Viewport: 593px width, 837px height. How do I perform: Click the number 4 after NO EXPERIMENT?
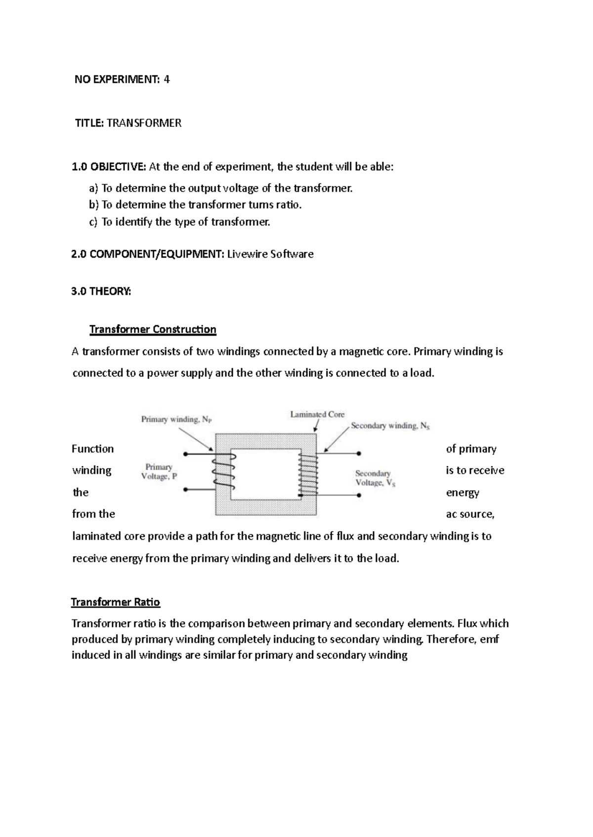coord(167,79)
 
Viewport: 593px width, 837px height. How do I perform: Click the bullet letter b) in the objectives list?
coord(94,205)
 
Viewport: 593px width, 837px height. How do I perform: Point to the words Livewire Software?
coord(270,254)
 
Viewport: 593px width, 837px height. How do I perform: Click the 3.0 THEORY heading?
coord(101,291)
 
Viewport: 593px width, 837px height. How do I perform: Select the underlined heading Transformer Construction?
coord(153,329)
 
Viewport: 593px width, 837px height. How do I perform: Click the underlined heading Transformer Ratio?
coord(116,602)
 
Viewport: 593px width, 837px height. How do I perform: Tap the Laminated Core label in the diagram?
coord(317,415)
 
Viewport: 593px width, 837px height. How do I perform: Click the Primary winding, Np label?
coord(176,419)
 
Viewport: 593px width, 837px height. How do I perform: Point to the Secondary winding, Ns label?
coord(390,426)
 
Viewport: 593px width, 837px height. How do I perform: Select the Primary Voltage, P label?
coord(159,472)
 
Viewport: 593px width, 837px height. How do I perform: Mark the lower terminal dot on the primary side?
coord(185,490)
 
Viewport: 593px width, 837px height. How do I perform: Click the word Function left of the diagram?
coord(92,449)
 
